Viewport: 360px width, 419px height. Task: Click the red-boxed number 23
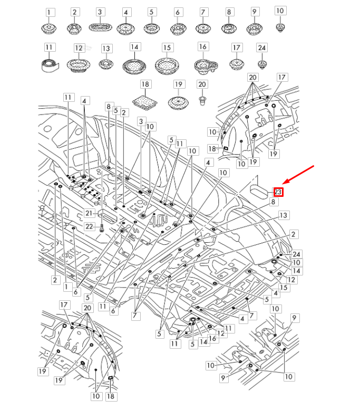[x=278, y=192]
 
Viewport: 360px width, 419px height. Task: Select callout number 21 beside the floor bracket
[x=89, y=213]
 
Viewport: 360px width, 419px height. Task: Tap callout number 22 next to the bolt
[x=89, y=226]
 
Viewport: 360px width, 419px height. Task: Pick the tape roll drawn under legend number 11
[x=49, y=65]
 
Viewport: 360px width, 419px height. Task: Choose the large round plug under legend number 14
[x=134, y=65]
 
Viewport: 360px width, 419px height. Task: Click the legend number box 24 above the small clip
[x=261, y=48]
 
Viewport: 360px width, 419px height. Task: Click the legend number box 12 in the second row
[x=79, y=48]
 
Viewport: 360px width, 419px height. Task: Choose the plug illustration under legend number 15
[x=167, y=65]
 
